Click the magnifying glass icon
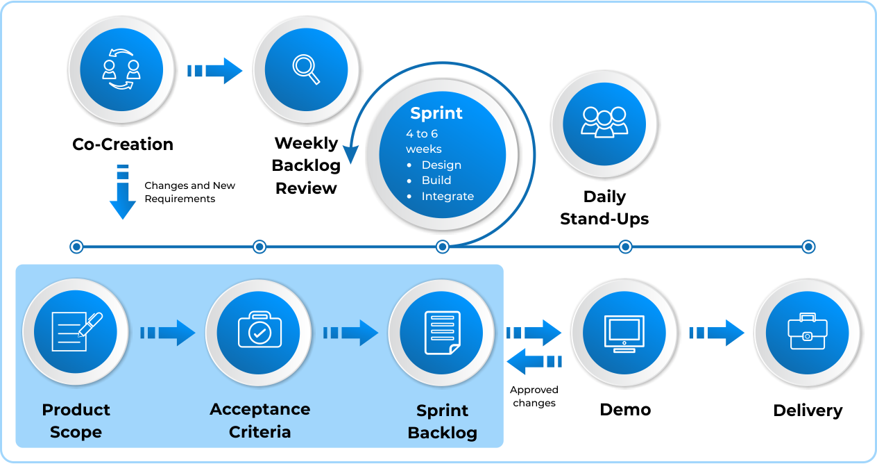coord(306,69)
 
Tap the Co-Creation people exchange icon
coord(121,69)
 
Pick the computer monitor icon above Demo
coord(624,333)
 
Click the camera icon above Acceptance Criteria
coord(259,331)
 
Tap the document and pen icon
coord(76,331)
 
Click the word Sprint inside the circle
coord(436,113)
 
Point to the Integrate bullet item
coord(447,196)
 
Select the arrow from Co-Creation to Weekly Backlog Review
coord(214,70)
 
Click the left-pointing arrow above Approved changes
coord(534,361)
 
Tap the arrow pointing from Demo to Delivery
coord(717,333)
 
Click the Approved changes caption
coord(534,397)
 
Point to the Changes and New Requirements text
coord(189,192)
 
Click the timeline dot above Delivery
coord(808,247)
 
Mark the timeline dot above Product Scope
coord(76,247)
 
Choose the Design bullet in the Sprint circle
coord(441,165)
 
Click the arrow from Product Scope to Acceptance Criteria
coord(168,333)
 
